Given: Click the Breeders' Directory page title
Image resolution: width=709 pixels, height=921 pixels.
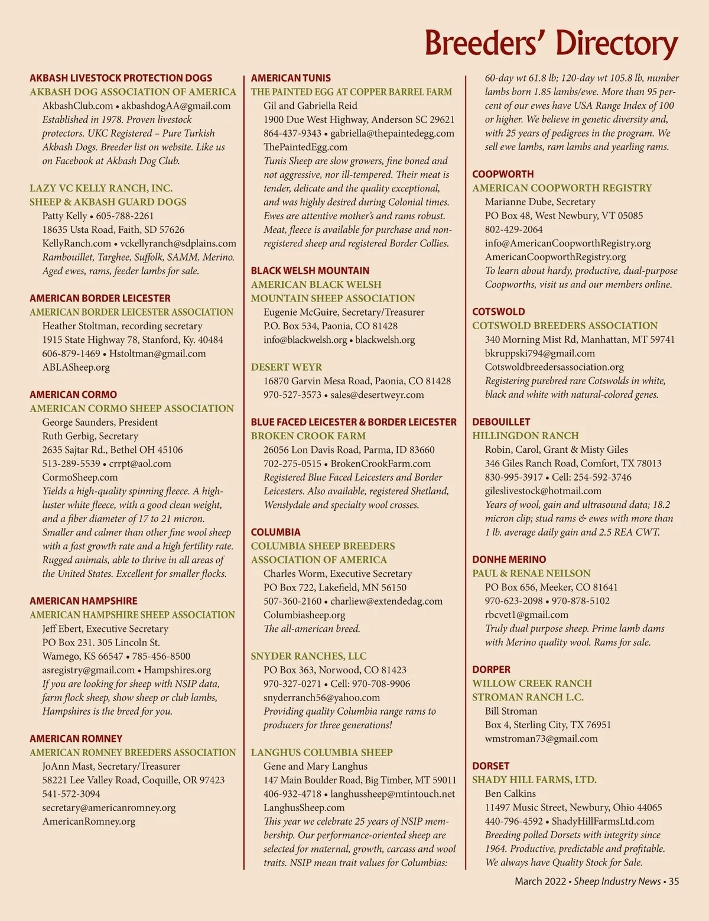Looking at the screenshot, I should coord(551,43).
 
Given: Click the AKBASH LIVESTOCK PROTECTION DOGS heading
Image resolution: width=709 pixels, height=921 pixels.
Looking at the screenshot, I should coord(121,78).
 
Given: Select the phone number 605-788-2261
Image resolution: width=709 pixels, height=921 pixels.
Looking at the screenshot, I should coord(125,216).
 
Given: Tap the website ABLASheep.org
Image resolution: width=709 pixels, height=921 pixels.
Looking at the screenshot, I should coord(76,367).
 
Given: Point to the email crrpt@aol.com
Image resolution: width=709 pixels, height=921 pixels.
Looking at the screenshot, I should coord(140,463).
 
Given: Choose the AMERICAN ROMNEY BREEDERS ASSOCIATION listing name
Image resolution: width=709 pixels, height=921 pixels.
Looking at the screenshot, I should coord(132,753).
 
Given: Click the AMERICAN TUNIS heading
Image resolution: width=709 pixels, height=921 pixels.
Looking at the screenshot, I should coord(291,78).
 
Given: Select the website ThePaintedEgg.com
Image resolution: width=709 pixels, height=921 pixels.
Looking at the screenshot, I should coord(305,147).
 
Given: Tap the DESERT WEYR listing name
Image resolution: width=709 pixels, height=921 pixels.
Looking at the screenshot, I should coord(287,367).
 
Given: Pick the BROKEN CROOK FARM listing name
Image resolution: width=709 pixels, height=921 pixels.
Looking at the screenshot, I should coord(308,436).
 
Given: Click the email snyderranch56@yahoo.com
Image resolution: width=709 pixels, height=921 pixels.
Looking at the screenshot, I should coord(321,698).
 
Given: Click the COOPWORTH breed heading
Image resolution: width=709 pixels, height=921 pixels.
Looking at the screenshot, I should coord(503,174).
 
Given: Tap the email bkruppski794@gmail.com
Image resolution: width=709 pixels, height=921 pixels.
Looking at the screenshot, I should coord(539,353).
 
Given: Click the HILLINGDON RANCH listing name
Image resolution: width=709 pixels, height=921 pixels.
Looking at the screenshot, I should coord(525,436).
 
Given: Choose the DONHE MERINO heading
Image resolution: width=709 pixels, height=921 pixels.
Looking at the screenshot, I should coord(509,559).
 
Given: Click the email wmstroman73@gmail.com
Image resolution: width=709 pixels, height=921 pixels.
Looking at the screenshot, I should coord(541,738).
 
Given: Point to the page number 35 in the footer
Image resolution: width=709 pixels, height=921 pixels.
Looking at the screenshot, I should coord(674,881).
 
